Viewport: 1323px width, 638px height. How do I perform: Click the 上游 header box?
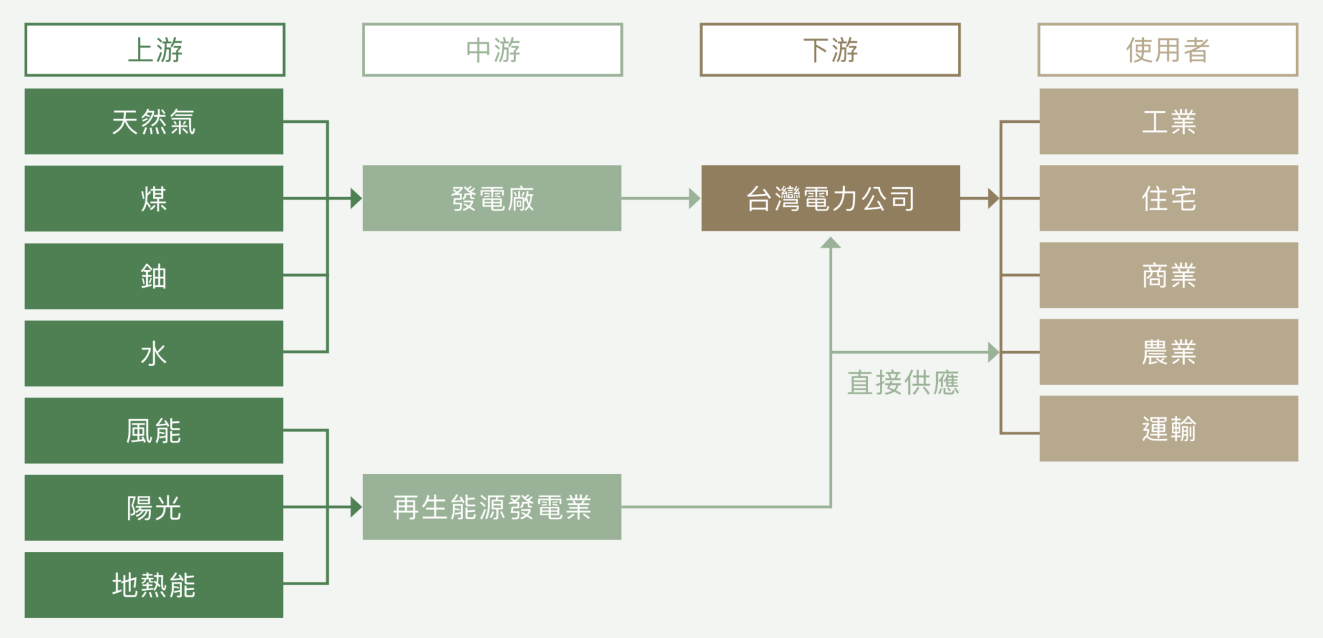[154, 50]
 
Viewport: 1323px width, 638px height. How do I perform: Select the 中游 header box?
[492, 50]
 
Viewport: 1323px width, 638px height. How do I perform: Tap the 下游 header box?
[830, 50]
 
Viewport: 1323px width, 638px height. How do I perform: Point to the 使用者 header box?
[1168, 50]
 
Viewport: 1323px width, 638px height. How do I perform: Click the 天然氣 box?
[154, 122]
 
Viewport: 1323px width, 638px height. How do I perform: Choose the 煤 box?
[154, 198]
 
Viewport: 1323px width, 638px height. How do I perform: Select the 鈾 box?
[154, 276]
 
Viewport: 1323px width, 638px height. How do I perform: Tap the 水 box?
[154, 353]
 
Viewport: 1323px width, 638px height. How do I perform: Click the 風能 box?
[154, 431]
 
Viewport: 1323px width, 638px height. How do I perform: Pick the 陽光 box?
[154, 507]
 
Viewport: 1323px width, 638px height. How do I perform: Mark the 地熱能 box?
[154, 584]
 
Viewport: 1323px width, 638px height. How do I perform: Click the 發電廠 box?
[492, 198]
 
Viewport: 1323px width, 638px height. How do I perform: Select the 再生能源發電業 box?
[492, 507]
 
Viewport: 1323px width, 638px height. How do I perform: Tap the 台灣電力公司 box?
[830, 198]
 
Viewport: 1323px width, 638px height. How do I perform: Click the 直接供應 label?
[903, 383]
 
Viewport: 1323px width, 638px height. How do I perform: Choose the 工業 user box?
[1169, 122]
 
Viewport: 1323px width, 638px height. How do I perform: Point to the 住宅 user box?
[1169, 198]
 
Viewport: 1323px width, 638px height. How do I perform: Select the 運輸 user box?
[1169, 429]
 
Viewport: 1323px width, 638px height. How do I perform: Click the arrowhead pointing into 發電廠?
[356, 198]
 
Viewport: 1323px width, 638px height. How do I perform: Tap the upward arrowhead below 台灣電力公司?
[830, 243]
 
